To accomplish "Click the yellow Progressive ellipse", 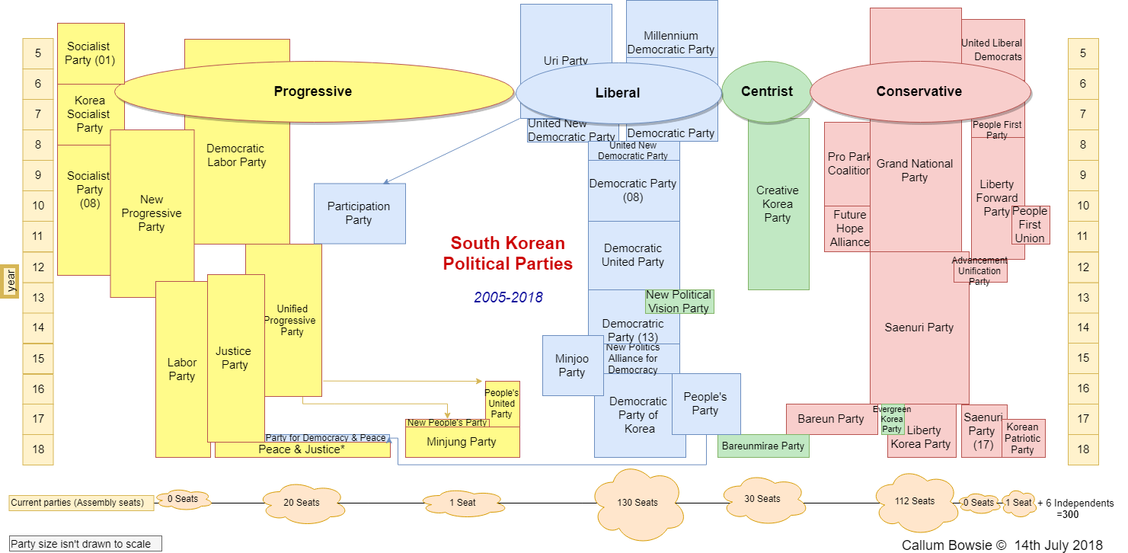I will coord(313,91).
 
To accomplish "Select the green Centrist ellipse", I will coord(766,91).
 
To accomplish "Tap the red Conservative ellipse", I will coord(919,91).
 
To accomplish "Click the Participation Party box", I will coord(359,213).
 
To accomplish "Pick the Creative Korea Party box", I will coord(778,204).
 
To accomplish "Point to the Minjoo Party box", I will coord(571,365).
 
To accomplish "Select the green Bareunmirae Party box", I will coord(762,446).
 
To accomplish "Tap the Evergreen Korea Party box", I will coord(892,419).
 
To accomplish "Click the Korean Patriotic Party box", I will coord(1023,439).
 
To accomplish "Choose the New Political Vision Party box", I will coord(679,302).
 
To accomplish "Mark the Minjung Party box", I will coord(462,442).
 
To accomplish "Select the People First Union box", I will coord(1030,225).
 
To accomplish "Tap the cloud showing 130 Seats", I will coord(637,502).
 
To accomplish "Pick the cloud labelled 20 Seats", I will coord(302,502).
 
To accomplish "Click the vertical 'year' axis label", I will coord(11,280).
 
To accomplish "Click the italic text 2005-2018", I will coord(508,298).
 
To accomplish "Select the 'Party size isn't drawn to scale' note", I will coord(86,544).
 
